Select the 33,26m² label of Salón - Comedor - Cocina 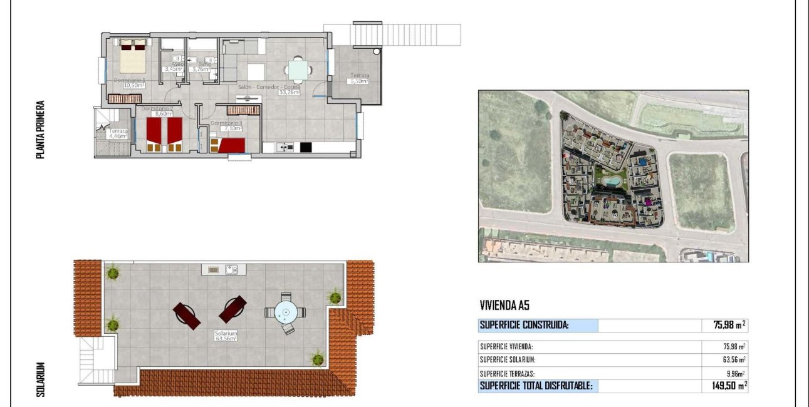point(290,92)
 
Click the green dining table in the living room point(297,70)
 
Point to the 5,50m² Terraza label point(359,81)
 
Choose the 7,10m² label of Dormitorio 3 point(226,129)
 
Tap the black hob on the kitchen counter point(305,148)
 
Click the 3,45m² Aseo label point(172,69)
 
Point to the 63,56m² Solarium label point(226,339)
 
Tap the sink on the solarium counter point(231,270)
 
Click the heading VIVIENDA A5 point(504,306)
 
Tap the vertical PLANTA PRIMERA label point(41,129)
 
